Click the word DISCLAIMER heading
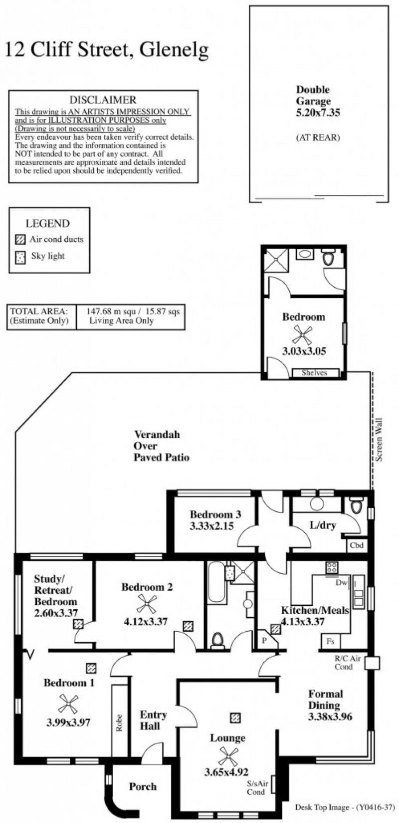pos(103,99)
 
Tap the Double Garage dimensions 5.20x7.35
pos(318,112)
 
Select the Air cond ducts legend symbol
pos(19,240)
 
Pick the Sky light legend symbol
pos(20,257)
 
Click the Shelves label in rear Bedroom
pos(314,373)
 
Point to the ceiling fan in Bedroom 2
pos(147,604)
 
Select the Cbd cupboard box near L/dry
pos(357,546)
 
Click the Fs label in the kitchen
pos(330,642)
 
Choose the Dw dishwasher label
pos(341,583)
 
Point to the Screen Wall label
pos(379,440)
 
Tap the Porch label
pos(143,787)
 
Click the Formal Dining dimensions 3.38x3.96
pos(330,717)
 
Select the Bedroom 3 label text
pos(215,514)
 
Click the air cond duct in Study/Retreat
pos(78,624)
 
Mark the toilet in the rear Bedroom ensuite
pos(328,258)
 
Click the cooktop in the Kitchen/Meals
pos(332,567)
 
